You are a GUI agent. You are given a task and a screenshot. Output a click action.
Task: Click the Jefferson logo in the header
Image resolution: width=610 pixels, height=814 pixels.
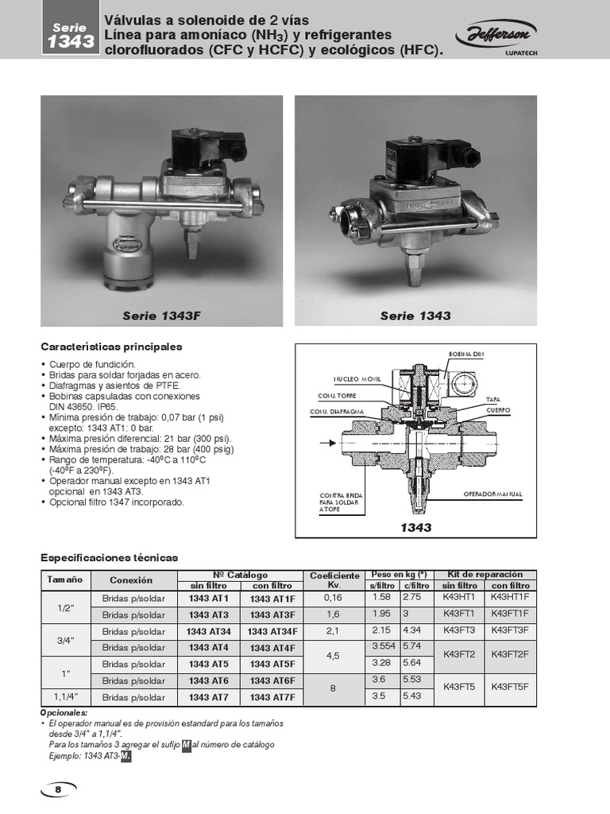click(496, 34)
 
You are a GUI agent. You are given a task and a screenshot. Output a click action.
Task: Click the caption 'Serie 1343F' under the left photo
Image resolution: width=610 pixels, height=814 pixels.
click(162, 316)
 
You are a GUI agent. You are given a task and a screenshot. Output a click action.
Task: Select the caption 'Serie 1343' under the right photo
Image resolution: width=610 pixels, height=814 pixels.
click(415, 316)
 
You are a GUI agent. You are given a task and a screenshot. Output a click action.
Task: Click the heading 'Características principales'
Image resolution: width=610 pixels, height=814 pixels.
click(111, 347)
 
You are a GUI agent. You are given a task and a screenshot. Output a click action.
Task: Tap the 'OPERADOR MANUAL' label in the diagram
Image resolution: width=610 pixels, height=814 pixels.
click(492, 494)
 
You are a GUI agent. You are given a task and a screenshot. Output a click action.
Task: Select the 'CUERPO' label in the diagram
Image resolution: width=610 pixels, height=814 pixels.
click(498, 409)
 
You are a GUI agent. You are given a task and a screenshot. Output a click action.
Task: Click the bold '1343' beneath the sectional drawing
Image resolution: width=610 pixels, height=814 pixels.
click(415, 528)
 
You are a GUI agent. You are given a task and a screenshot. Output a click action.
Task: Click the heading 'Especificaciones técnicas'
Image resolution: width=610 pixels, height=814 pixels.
click(110, 557)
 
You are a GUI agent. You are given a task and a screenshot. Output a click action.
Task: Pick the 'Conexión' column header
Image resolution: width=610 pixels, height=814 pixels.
click(131, 580)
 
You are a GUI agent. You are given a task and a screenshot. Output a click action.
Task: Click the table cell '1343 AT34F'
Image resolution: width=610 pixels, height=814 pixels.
click(272, 631)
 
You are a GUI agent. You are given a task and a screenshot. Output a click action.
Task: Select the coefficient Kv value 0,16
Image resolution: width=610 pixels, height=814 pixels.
click(333, 597)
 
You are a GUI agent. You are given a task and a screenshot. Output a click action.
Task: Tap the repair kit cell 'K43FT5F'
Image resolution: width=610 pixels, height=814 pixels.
click(509, 688)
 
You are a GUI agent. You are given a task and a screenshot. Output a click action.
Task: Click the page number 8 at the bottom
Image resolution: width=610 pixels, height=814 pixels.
click(58, 789)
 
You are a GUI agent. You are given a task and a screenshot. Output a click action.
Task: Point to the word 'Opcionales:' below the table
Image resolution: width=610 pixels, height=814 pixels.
click(63, 713)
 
